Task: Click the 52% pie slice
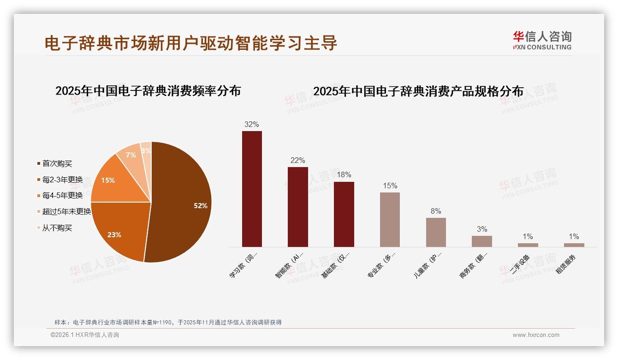coord(182,203)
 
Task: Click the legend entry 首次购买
coord(57,164)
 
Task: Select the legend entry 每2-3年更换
coord(62,180)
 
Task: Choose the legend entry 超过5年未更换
coord(66,212)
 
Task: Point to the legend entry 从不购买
coord(57,228)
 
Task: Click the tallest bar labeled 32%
coord(252,189)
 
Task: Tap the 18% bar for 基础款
coord(344,214)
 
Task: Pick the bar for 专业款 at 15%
coord(390,220)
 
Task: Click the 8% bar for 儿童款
coord(436,232)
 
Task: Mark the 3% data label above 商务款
coord(482,229)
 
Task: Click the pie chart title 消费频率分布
coord(148,91)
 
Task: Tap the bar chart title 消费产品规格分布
coord(418,91)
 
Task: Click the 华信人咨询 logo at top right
coord(542,40)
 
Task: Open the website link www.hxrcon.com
coord(536,335)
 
